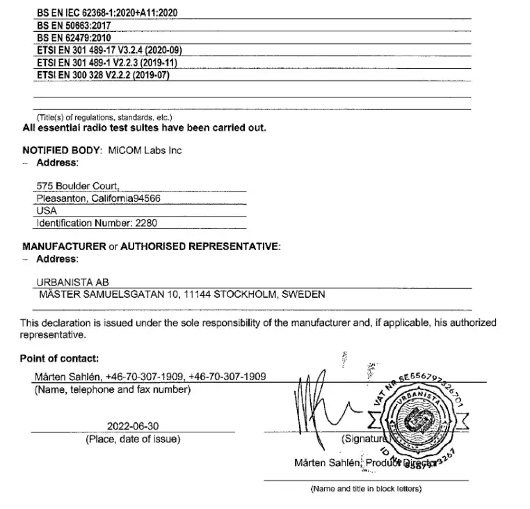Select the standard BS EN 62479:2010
[73, 38]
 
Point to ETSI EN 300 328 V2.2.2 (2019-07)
[102, 75]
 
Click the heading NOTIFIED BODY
[61, 150]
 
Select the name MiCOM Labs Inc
[145, 150]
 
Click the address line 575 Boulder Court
[78, 186]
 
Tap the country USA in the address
[46, 210]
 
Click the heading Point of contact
[60, 359]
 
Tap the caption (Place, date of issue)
[132, 439]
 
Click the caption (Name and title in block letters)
[365, 488]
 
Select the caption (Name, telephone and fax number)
[112, 390]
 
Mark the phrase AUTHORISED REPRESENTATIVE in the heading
[199, 246]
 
